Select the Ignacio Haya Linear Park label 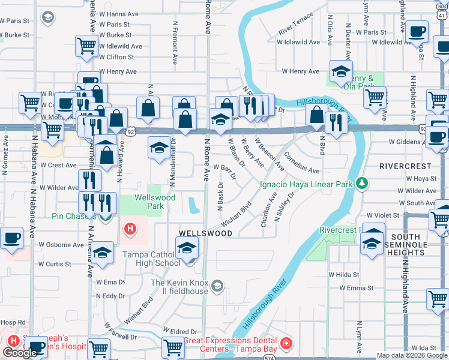tap(306, 185)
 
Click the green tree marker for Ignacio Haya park tap(361, 182)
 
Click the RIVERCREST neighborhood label tap(405, 166)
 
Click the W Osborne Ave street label tap(61, 245)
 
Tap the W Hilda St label tap(343, 274)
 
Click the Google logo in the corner tap(20, 353)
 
